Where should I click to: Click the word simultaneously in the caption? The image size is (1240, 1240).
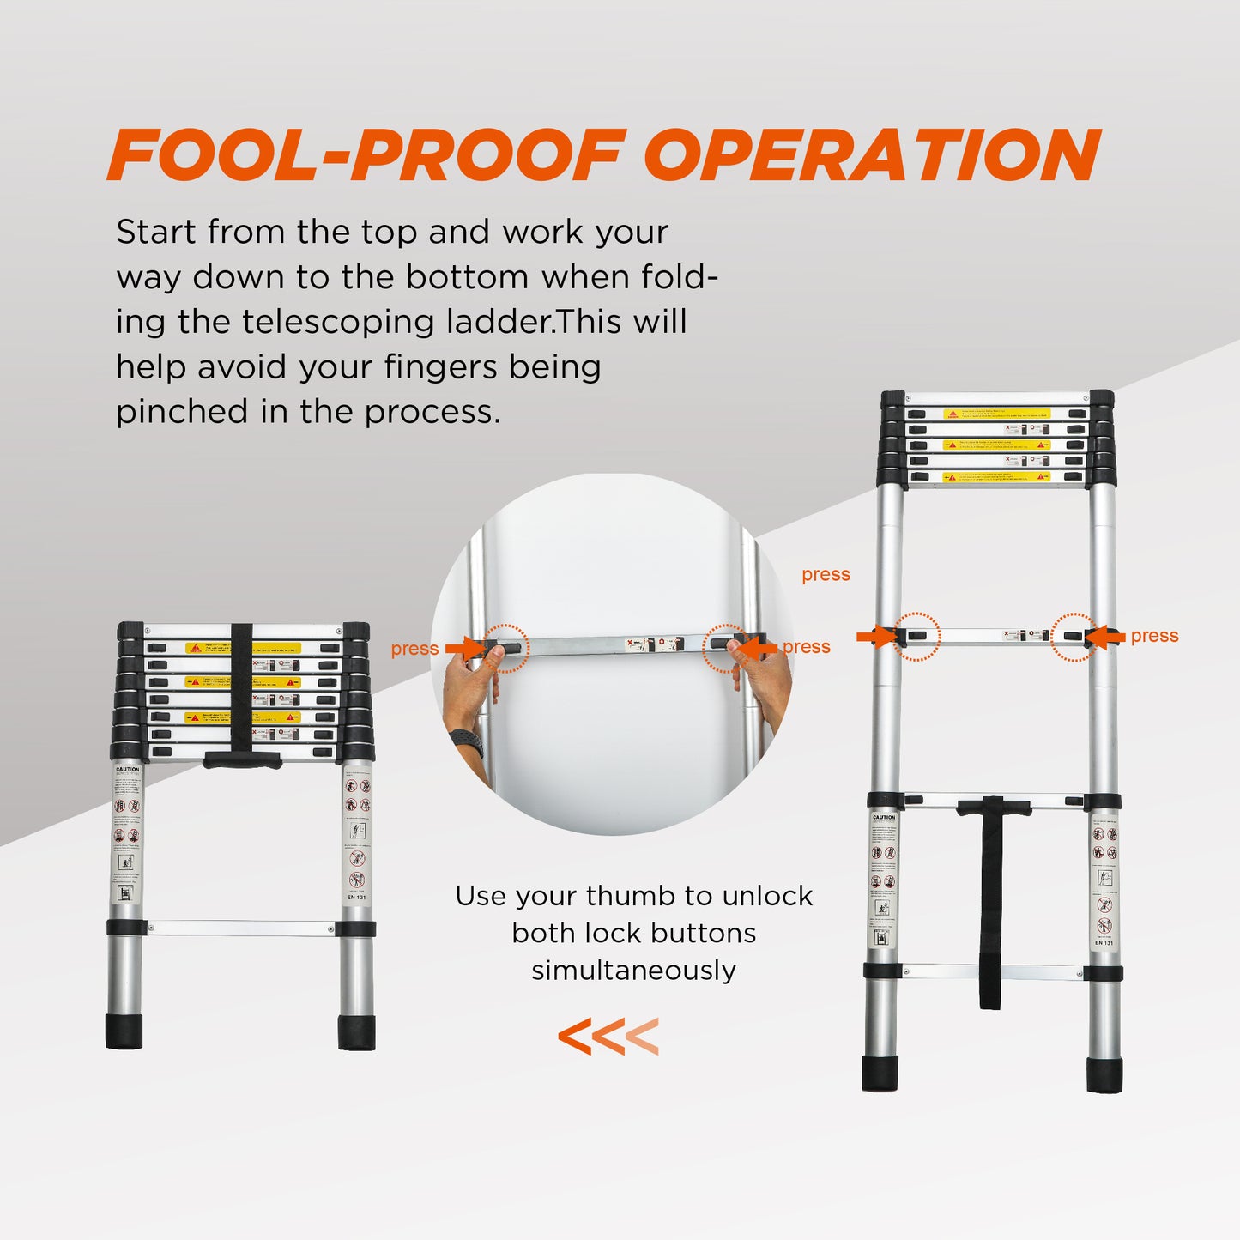(x=633, y=971)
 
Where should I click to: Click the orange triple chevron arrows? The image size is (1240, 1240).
(x=608, y=1037)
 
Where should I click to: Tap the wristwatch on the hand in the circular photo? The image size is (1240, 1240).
(x=467, y=741)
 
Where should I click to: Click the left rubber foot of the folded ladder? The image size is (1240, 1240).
(x=124, y=1031)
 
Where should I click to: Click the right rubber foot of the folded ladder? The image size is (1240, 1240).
(x=356, y=1032)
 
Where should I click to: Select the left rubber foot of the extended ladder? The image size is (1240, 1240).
(x=880, y=1074)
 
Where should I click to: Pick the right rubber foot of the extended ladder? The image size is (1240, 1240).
(x=1104, y=1075)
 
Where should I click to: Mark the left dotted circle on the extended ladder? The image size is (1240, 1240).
(x=916, y=637)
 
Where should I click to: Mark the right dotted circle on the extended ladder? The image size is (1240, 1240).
(x=1074, y=637)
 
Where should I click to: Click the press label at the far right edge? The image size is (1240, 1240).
(x=1154, y=636)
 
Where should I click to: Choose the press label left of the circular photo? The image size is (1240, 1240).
(x=414, y=649)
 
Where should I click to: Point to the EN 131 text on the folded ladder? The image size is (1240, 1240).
(x=356, y=898)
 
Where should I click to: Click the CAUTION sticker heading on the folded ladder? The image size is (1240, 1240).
(x=127, y=770)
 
